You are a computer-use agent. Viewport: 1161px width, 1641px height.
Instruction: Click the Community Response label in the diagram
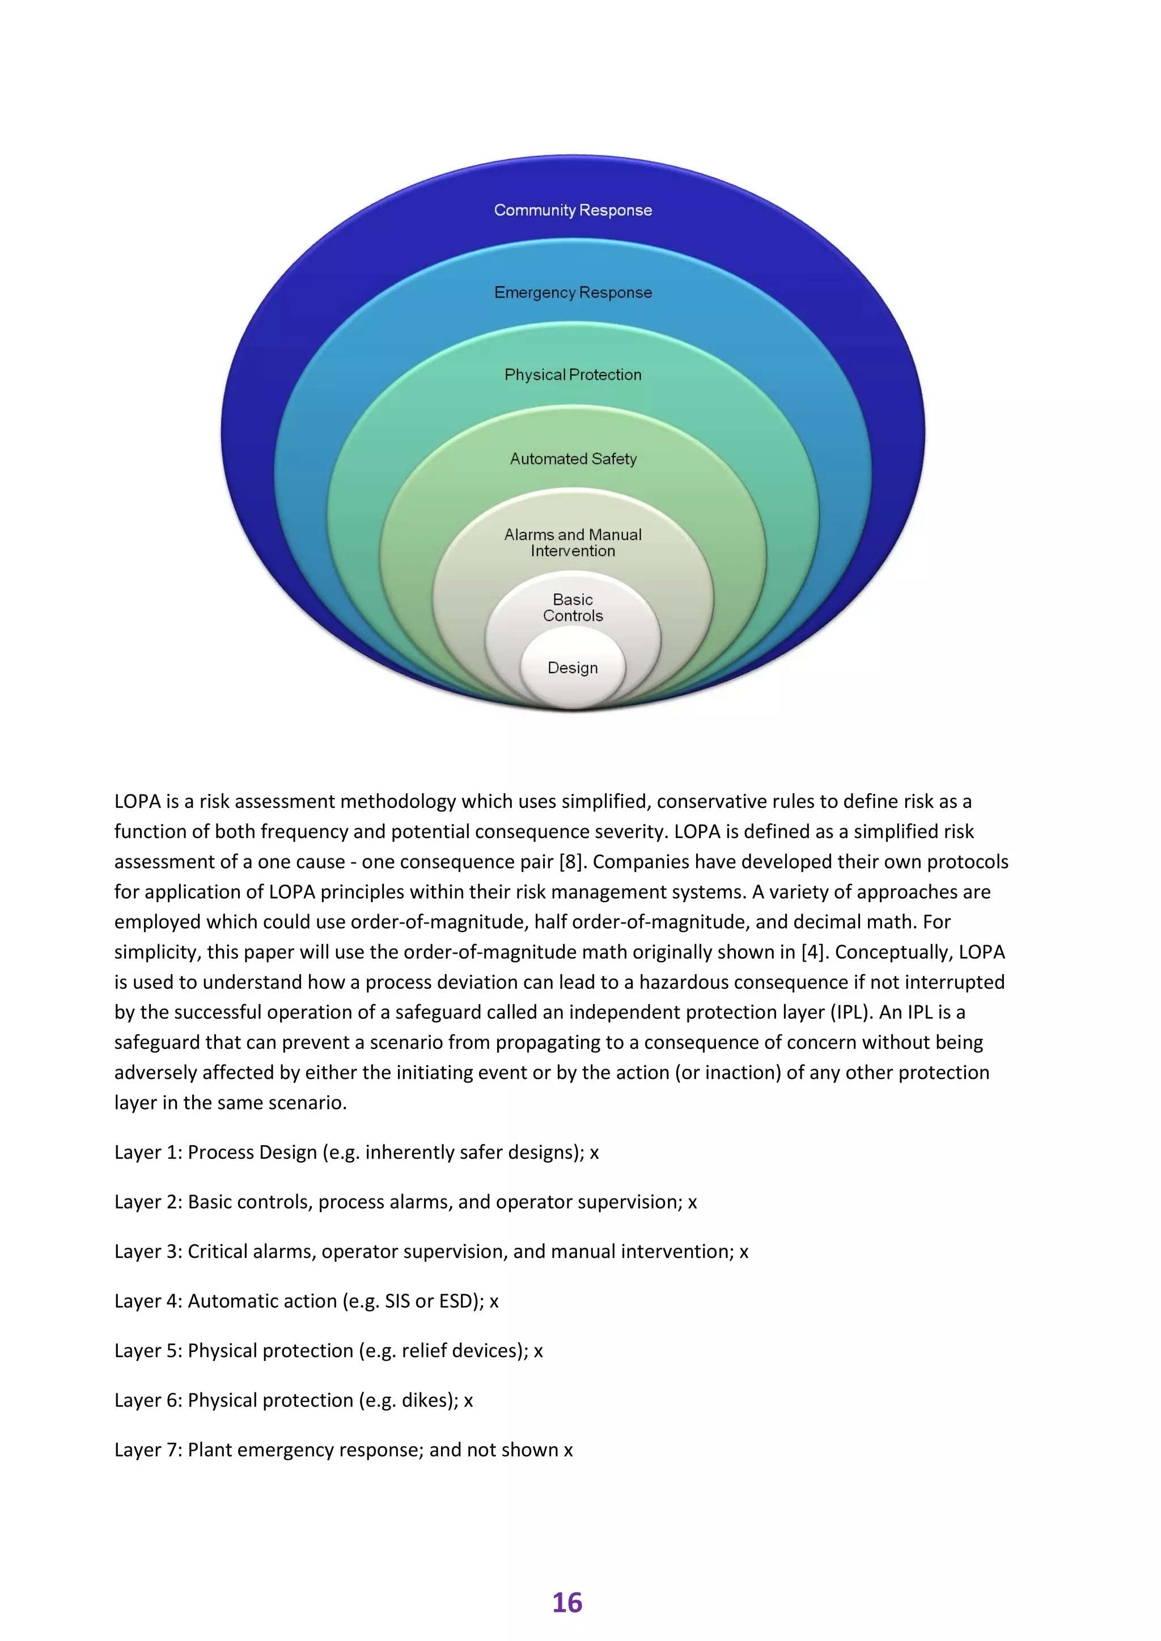pos(573,210)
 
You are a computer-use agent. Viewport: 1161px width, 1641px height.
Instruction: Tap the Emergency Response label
pos(573,292)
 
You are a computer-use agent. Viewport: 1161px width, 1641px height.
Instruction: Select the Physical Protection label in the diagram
pos(573,375)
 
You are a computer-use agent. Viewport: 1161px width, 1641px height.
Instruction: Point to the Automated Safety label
pos(573,459)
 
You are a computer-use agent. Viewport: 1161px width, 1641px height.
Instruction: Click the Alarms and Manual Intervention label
pos(573,542)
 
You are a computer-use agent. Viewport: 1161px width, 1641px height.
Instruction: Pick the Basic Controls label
pos(573,607)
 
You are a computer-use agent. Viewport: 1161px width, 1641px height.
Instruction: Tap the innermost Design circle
pos(573,668)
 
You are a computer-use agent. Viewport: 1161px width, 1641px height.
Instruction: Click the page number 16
pos(567,1602)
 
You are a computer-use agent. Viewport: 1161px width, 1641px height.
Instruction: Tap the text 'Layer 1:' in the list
pos(148,1152)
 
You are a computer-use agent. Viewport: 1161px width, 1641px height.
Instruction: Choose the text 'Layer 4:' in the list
pos(148,1301)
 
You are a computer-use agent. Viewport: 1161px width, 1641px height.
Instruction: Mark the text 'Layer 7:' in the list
pos(148,1449)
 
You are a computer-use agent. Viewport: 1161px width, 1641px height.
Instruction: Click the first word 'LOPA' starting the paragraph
pos(137,802)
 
